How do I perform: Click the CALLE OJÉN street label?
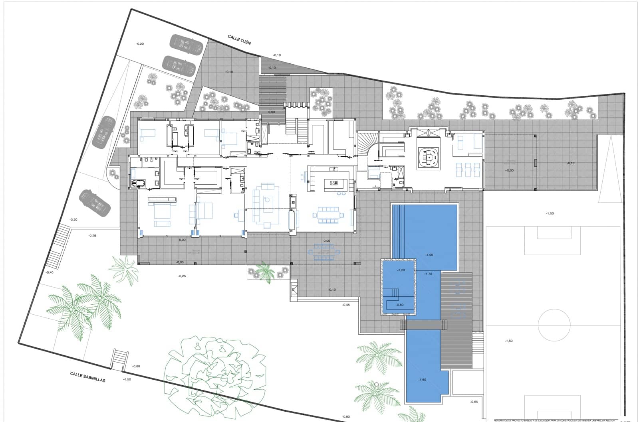[239, 40]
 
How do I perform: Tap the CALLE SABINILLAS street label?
[87, 377]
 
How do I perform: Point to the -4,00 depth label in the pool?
[429, 255]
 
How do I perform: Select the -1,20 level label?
[401, 270]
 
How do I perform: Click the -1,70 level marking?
[428, 274]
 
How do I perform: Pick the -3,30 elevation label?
[73, 220]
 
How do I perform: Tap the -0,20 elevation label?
[140, 44]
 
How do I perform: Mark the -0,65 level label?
[474, 402]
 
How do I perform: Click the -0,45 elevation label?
[346, 305]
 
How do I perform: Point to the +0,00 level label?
[509, 170]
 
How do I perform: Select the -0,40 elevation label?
[50, 272]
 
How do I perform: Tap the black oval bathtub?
[138, 184]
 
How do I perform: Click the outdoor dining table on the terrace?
[325, 252]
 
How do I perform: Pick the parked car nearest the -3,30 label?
[94, 202]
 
